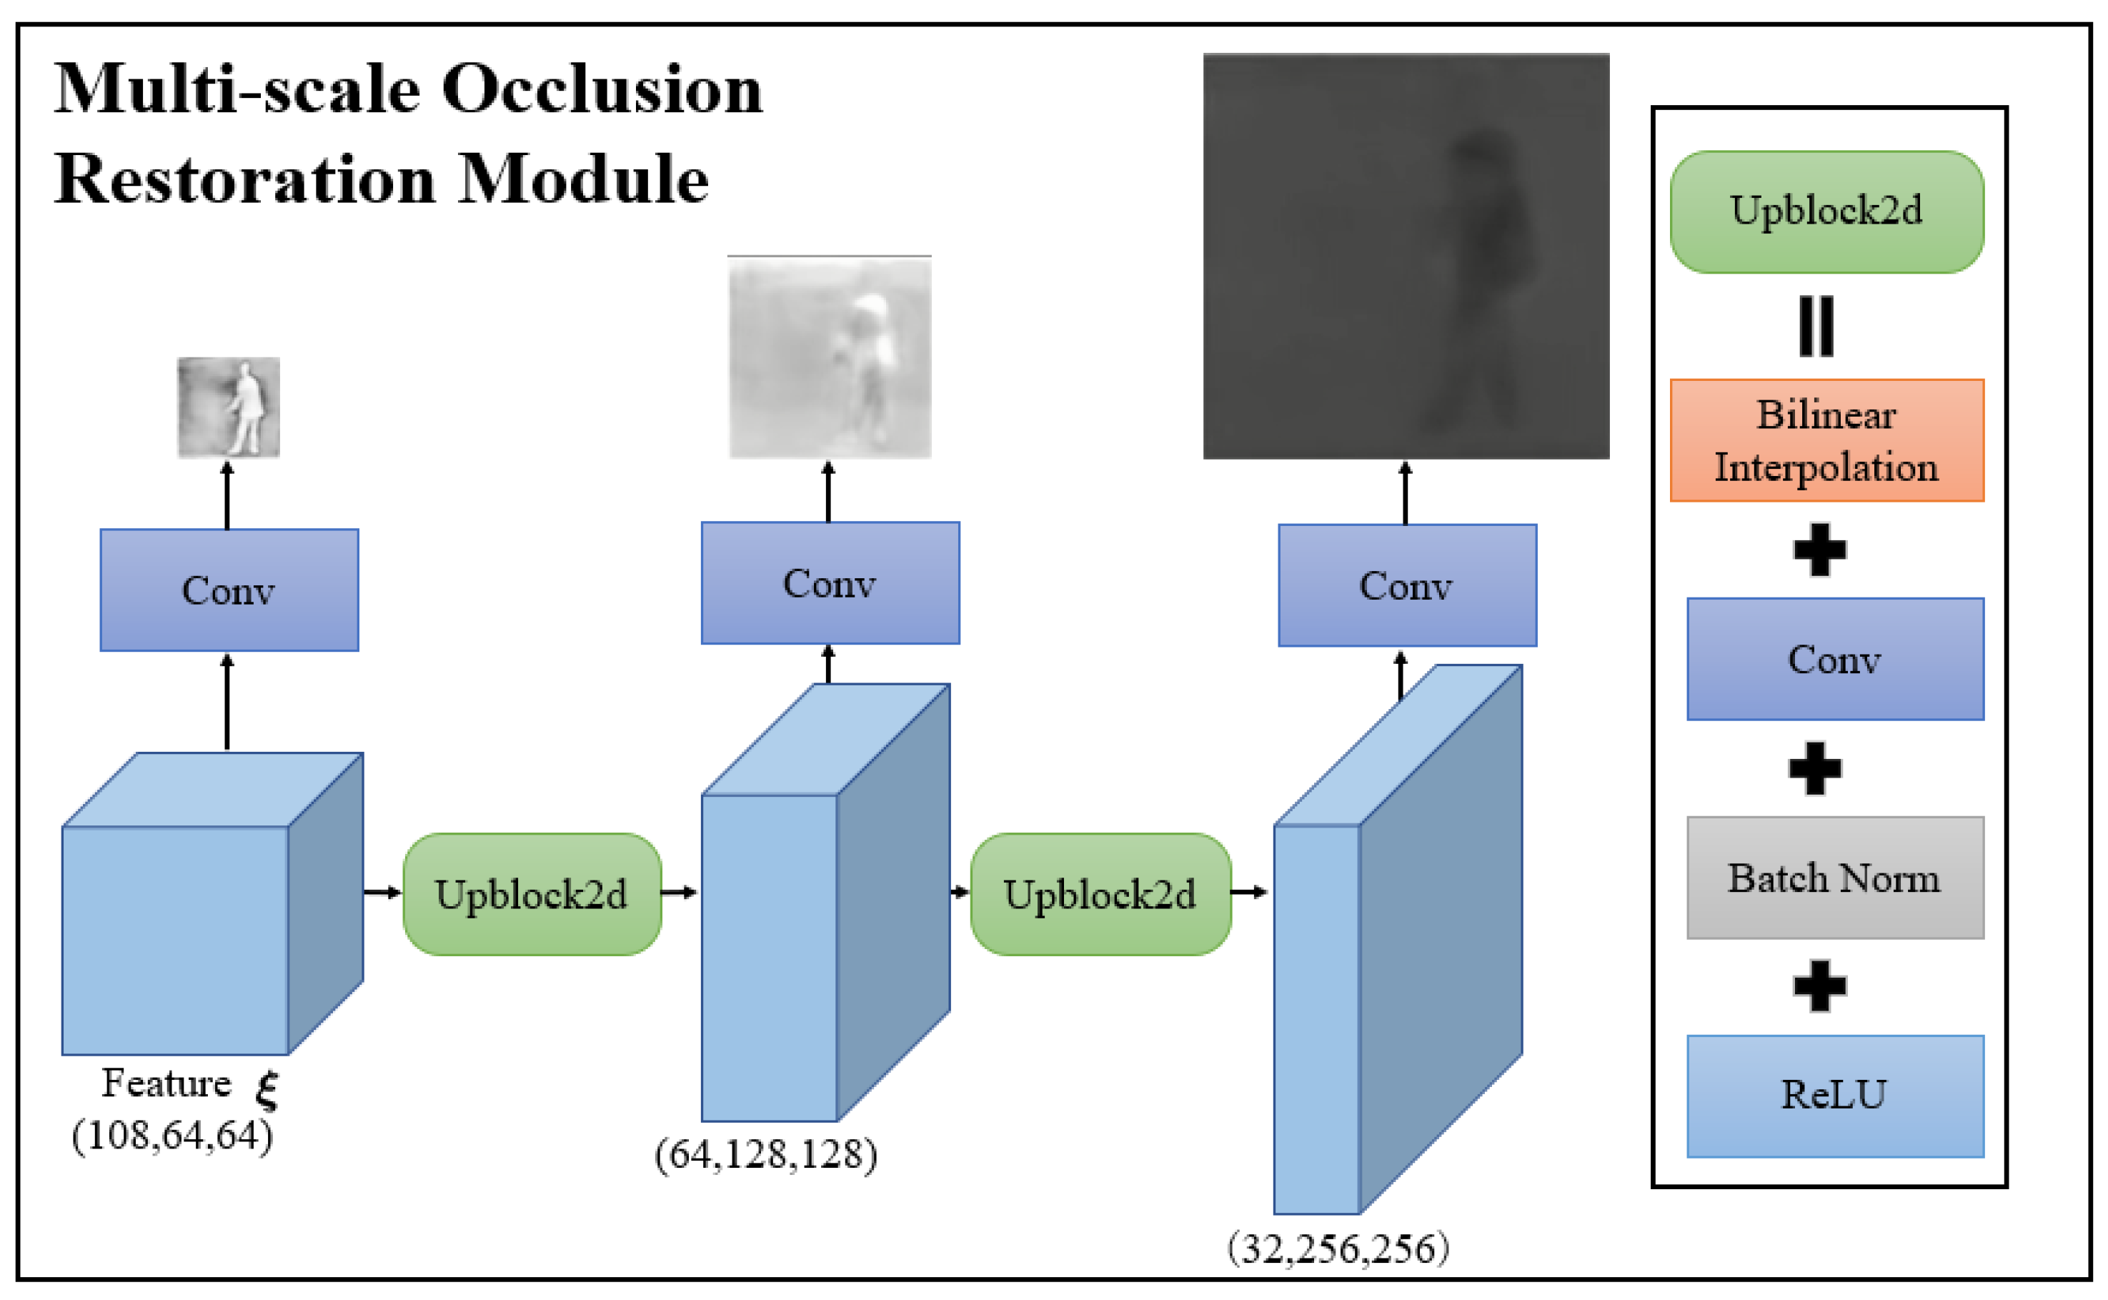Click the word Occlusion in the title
click(601, 89)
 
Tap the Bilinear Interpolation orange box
click(1826, 440)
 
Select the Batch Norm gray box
click(1834, 878)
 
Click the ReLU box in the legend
click(1834, 1096)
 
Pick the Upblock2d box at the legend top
click(1826, 212)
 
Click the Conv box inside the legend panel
click(1834, 660)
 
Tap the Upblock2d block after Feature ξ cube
click(532, 894)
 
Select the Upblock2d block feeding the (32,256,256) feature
click(1100, 894)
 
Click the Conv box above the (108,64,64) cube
click(229, 590)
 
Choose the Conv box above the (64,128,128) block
click(830, 583)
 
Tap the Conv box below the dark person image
click(1406, 585)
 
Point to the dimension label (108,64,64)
click(172, 1136)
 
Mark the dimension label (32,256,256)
click(1338, 1249)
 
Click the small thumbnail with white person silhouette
click(229, 407)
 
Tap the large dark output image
click(1406, 257)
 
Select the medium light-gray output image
click(830, 357)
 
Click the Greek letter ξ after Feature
click(267, 1088)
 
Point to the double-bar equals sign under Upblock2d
click(1816, 326)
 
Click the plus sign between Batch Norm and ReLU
click(1819, 986)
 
